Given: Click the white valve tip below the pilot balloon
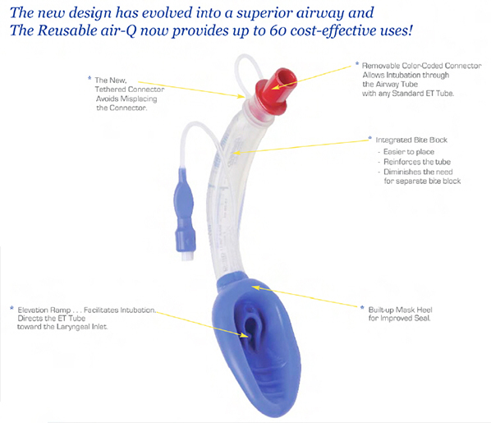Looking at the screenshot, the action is point(187,255).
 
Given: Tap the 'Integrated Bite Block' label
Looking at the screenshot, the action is point(411,140).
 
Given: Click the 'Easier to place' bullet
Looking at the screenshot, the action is point(409,152).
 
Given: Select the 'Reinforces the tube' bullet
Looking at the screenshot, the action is point(417,162).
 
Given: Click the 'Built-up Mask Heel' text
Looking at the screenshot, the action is point(400,310).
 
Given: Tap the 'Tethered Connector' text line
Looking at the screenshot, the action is point(130,90).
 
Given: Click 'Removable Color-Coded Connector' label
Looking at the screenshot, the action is point(421,66).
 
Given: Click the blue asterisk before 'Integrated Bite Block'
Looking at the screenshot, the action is point(369,139).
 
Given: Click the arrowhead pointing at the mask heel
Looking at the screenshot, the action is point(256,287).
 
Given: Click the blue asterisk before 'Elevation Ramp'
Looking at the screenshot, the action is point(11,308).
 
